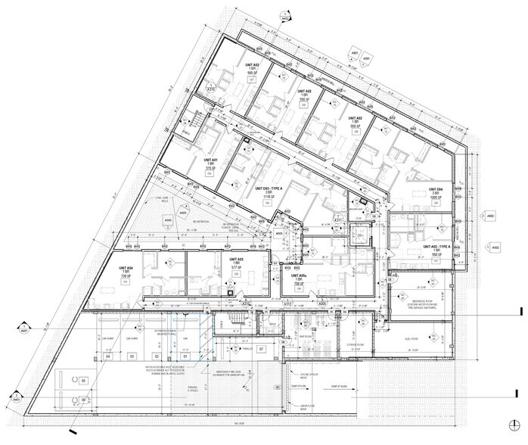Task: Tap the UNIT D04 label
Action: coord(435,188)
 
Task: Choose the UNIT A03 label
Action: coord(235,259)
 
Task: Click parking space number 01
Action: coord(185,356)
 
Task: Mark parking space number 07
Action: coord(261,350)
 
